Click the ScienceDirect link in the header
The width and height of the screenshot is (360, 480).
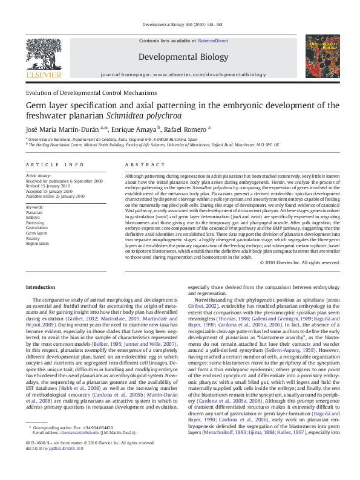(x=212, y=40)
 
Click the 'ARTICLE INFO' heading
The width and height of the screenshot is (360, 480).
(x=55, y=164)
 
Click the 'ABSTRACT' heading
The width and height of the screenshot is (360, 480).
(x=141, y=164)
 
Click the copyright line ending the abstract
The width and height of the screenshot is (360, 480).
(x=299, y=263)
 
